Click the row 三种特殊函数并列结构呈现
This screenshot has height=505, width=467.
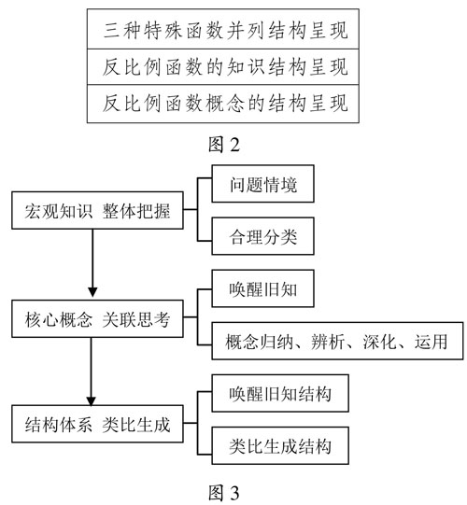[223, 29]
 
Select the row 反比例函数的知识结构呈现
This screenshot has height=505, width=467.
[223, 67]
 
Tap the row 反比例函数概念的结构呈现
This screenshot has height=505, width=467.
[223, 104]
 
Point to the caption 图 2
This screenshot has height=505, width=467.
[224, 144]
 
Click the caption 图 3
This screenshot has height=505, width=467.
[224, 493]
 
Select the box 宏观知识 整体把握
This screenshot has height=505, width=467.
[97, 211]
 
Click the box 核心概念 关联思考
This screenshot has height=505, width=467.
[97, 319]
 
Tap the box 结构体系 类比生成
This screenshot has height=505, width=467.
[97, 424]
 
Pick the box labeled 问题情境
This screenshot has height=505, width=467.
[262, 184]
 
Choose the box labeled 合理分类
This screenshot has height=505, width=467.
[262, 236]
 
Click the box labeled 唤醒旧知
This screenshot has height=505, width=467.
[262, 288]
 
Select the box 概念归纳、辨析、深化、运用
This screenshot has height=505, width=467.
[337, 341]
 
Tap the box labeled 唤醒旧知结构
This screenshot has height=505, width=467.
[280, 393]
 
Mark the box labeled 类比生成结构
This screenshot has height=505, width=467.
[280, 446]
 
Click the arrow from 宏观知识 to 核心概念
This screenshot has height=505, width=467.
[92, 263]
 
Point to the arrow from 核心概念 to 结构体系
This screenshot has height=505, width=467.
[92, 372]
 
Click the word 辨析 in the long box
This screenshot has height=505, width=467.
[328, 342]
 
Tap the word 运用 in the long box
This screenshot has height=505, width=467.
[431, 342]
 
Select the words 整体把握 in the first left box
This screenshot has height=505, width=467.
[136, 211]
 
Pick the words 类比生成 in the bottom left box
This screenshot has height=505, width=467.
[136, 425]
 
